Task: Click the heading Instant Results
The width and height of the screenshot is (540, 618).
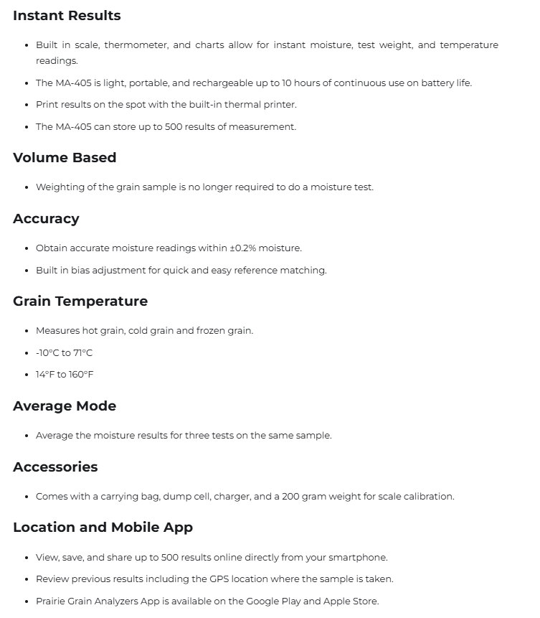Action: (67, 16)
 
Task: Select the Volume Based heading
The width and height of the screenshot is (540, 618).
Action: (65, 158)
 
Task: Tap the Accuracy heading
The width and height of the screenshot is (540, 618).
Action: (46, 219)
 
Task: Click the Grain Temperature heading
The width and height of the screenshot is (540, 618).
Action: (80, 301)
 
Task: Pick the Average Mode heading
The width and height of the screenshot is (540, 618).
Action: (65, 406)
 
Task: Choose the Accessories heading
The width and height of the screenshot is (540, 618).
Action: (55, 467)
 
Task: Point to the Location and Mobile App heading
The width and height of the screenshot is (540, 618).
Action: (103, 528)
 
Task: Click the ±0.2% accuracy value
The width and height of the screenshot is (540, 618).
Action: (242, 248)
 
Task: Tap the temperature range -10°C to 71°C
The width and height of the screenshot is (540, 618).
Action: (64, 353)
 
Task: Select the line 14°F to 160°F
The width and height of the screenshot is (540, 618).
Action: (65, 375)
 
